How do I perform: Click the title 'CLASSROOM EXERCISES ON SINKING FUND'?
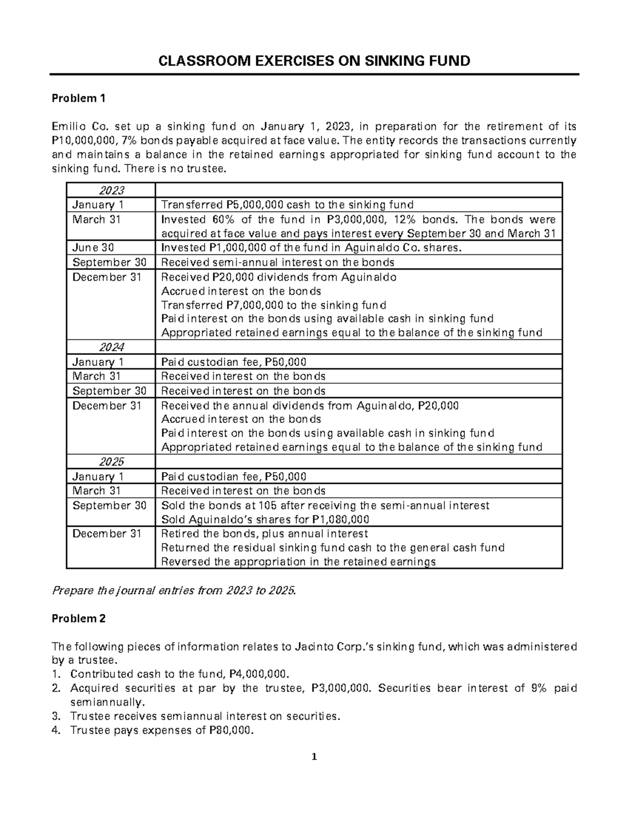(314, 61)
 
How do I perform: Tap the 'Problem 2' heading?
(78, 618)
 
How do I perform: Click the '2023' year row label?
(111, 190)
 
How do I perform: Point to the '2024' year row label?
(111, 347)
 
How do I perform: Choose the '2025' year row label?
(111, 462)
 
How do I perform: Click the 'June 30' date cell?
(93, 248)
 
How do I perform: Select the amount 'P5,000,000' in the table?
(253, 205)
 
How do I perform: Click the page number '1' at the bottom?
(314, 757)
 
